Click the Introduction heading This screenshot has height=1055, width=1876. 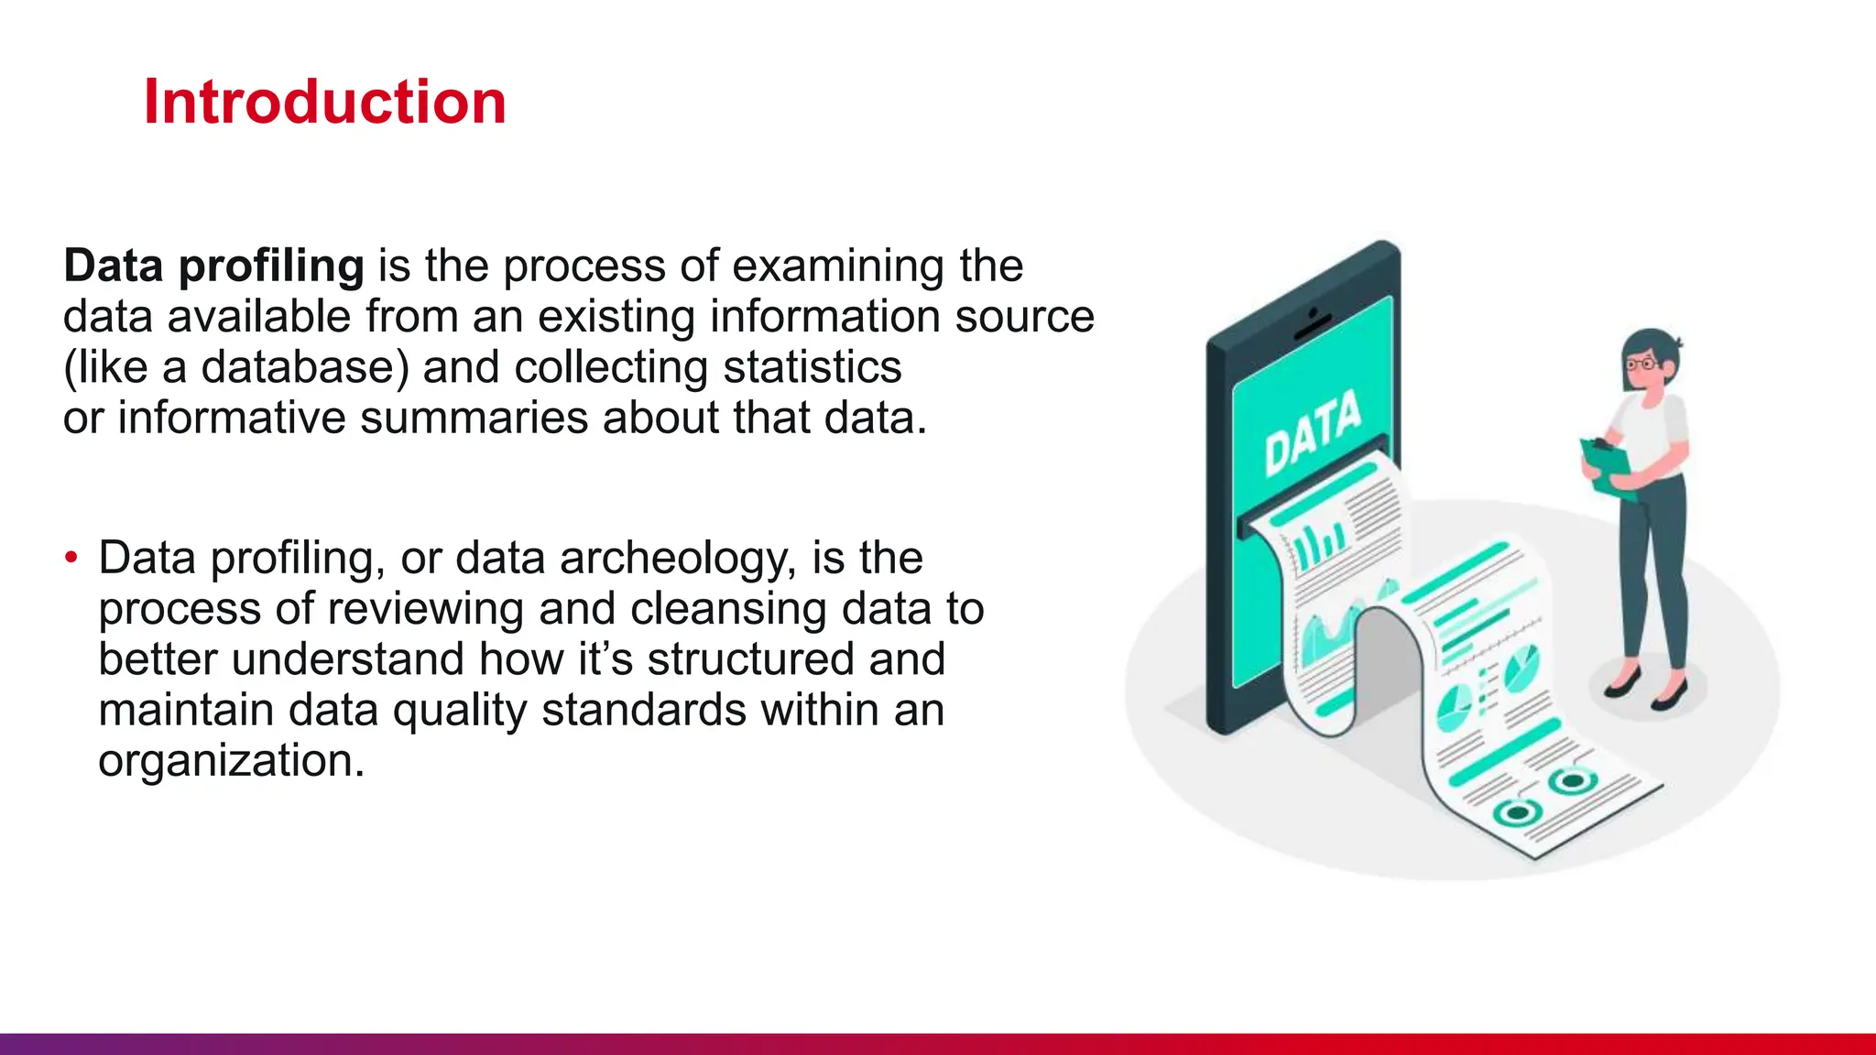(x=324, y=102)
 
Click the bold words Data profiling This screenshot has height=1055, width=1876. (x=213, y=266)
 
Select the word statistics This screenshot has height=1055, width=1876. (x=812, y=368)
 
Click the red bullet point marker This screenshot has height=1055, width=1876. (x=71, y=558)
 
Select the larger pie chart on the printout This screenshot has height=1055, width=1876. (x=1521, y=669)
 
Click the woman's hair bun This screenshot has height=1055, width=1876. (x=1675, y=346)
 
